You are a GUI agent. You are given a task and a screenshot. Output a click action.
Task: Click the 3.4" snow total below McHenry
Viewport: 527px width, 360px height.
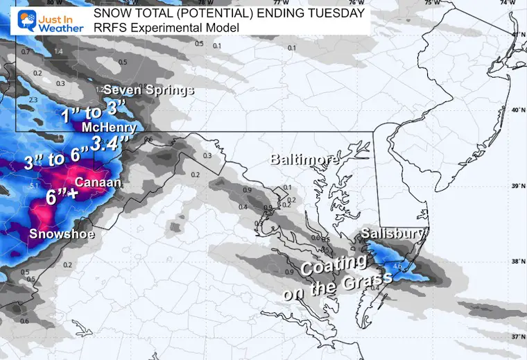tap(110, 144)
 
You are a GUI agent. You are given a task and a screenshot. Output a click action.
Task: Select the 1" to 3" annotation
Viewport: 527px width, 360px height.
tap(94, 112)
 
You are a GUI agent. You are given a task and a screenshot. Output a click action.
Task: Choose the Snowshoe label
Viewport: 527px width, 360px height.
tap(62, 235)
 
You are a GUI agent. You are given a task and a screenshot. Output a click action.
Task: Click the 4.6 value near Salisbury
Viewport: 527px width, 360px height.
tap(397, 265)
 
